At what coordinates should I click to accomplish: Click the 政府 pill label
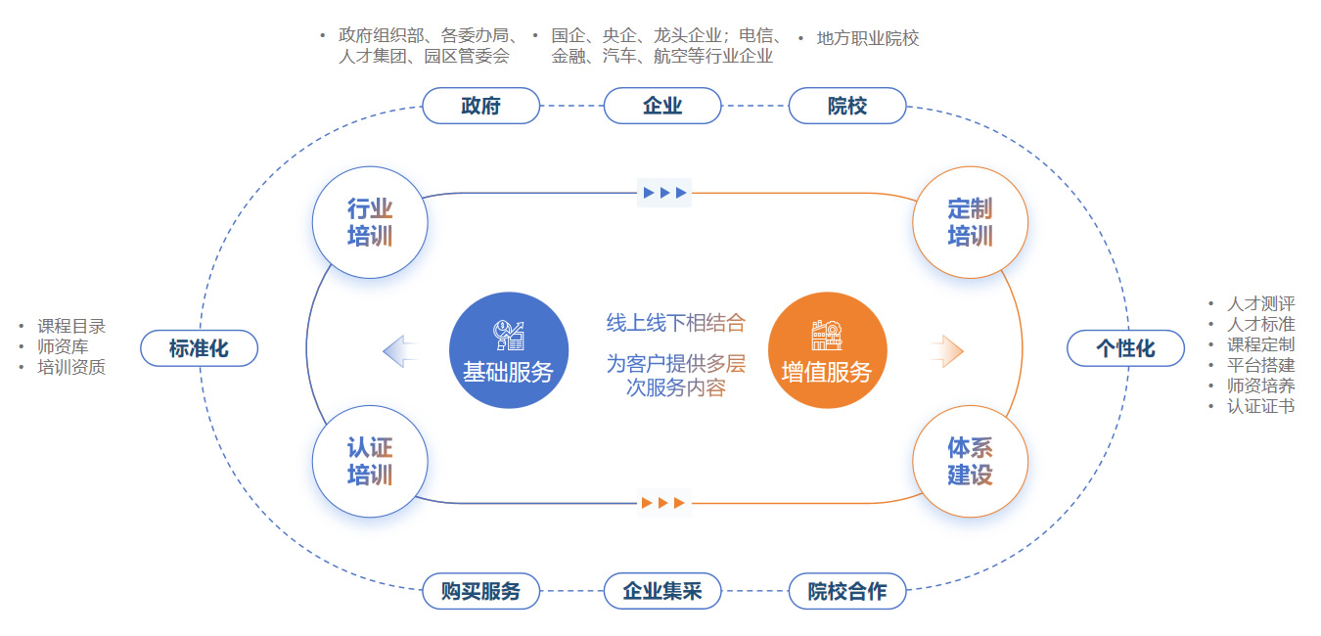pos(480,106)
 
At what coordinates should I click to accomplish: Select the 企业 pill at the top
pos(662,106)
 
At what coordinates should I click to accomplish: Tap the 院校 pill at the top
pos(847,106)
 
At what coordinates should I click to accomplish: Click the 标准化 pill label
pos(199,348)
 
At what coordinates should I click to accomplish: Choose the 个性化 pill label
pos(1125,348)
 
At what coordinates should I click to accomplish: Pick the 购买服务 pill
pos(480,591)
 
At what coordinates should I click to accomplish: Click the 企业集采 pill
pos(662,591)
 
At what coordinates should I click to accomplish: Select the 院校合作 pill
pos(847,591)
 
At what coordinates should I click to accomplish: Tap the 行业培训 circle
pos(370,222)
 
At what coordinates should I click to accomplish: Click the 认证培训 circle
pos(370,461)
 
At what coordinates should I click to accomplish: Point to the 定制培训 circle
pos(970,222)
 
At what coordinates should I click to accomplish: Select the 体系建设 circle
pos(970,461)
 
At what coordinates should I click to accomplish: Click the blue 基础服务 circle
pos(508,351)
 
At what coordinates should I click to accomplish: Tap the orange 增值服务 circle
pos(827,351)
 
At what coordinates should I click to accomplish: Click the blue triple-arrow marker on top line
pos(664,193)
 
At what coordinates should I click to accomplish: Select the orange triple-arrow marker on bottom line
pos(664,503)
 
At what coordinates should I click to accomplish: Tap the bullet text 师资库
pos(63,347)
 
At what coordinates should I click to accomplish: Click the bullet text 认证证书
pos(1260,406)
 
